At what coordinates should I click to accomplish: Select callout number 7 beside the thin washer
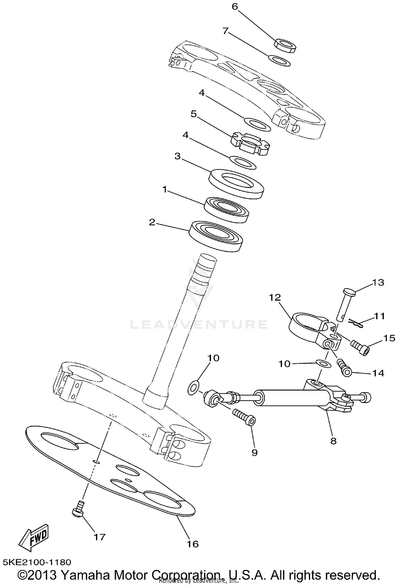tap(226, 31)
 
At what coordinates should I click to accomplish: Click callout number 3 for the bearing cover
tap(177, 156)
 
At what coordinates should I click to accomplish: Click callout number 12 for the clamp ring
tap(275, 297)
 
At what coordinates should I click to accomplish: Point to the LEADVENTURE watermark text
tap(198, 324)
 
